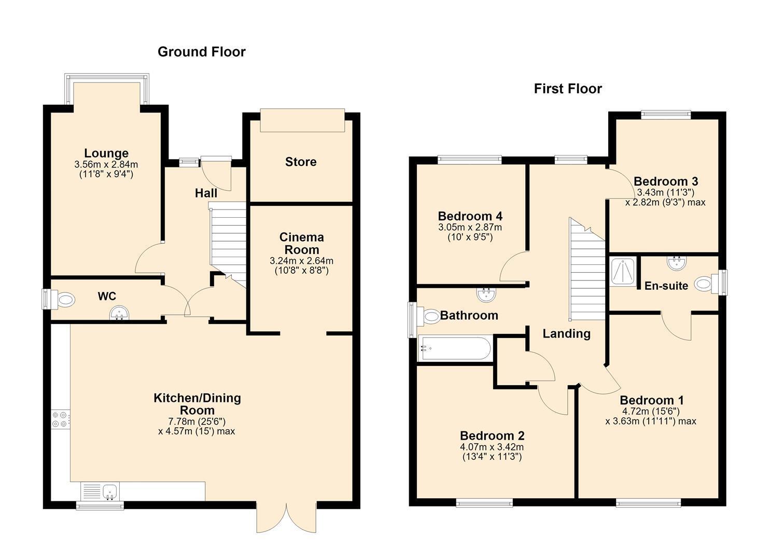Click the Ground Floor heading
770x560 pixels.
201,52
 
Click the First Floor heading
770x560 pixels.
568,89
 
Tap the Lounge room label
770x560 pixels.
106,153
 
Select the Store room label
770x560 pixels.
301,162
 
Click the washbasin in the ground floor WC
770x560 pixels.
119,313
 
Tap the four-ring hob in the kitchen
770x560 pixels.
60,419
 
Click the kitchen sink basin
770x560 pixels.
110,492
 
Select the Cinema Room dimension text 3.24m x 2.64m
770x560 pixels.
301,261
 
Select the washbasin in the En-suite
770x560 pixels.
677,263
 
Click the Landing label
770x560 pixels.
567,333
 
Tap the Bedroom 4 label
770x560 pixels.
470,216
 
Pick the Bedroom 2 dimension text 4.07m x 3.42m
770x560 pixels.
492,447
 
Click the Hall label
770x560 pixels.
206,193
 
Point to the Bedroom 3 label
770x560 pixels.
666,181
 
